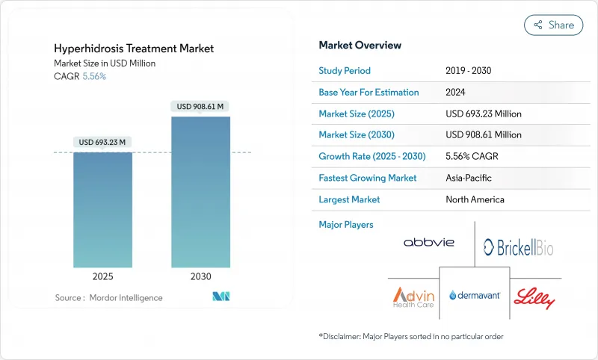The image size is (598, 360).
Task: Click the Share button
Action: pos(554,25)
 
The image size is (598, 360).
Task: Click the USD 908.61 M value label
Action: pos(200,107)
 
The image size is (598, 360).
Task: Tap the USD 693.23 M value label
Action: pos(102,142)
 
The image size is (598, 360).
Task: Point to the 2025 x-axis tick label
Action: pos(102,276)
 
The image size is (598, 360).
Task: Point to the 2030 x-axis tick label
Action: pos(200,276)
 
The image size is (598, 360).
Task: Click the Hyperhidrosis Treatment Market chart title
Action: pos(134,49)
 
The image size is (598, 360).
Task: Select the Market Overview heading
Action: pos(360,46)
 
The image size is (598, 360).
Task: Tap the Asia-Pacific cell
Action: pos(469,179)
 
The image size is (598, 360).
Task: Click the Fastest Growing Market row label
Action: pos(368,179)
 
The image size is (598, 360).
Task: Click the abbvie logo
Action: pos(430,243)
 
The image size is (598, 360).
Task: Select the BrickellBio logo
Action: pos(518,247)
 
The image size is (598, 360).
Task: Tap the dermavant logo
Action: pos(474,295)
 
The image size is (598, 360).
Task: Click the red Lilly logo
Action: pos(534,298)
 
